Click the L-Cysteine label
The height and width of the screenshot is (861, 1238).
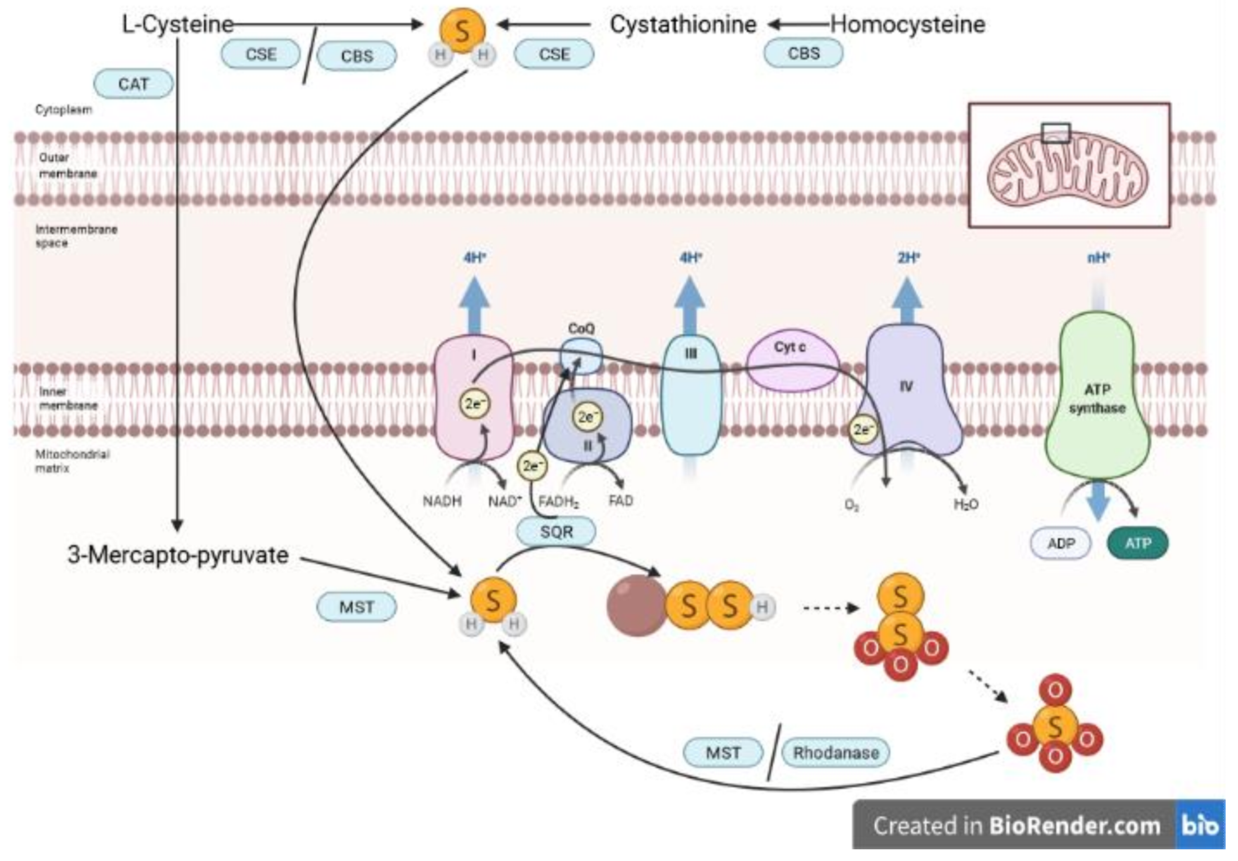pos(177,25)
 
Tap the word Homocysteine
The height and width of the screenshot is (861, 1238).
pos(908,25)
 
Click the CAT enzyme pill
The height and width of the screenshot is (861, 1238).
pos(133,84)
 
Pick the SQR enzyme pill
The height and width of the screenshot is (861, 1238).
pos(556,532)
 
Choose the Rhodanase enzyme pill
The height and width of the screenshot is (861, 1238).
pos(836,753)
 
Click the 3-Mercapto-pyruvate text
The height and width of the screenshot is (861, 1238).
pos(178,555)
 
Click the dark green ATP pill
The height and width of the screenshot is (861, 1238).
pos(1137,543)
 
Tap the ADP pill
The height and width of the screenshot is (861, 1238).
pos(1061,543)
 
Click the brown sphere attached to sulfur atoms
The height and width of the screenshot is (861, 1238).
pos(636,606)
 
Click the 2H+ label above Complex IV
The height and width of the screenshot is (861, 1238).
pos(909,258)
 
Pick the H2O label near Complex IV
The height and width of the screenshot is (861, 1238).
pos(966,505)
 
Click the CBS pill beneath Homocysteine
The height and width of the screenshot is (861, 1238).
pos(803,54)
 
